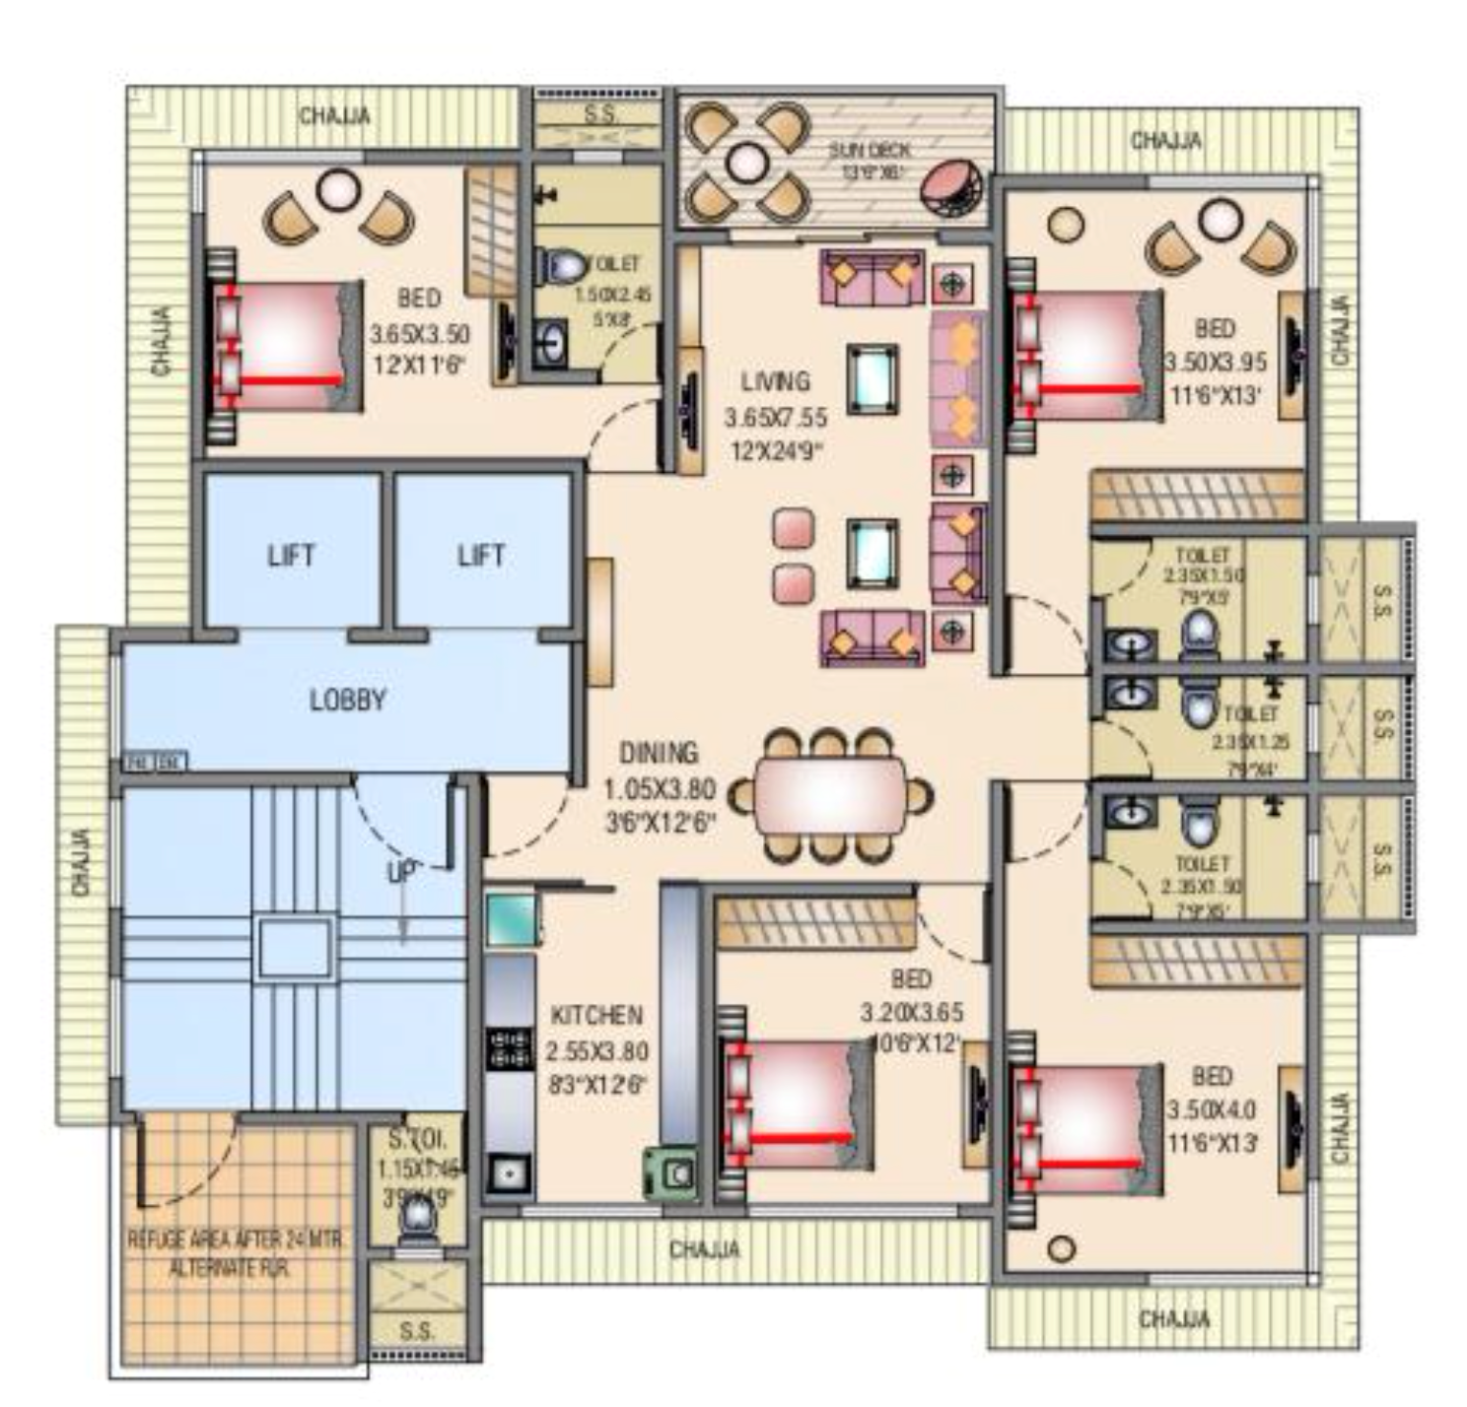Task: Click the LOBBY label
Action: pyautogui.click(x=347, y=700)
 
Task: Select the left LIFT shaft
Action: pyautogui.click(x=291, y=554)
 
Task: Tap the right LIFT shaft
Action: pyautogui.click(x=481, y=554)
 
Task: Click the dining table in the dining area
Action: pyautogui.click(x=830, y=794)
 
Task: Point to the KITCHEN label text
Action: pyautogui.click(x=595, y=1015)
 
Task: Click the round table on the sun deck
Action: pyautogui.click(x=747, y=162)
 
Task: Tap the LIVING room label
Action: pyautogui.click(x=775, y=381)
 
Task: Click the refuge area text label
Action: pyautogui.click(x=237, y=1253)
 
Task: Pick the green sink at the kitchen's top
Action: pyautogui.click(x=512, y=919)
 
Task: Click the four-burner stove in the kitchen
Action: pyautogui.click(x=510, y=1049)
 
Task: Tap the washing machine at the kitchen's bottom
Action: pyautogui.click(x=673, y=1173)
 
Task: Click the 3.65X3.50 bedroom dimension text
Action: pyautogui.click(x=419, y=335)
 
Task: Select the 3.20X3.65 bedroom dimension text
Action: pyautogui.click(x=911, y=1012)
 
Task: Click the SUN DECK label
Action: pyautogui.click(x=869, y=150)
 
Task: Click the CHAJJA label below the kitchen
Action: pyautogui.click(x=704, y=1250)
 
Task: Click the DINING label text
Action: pyautogui.click(x=658, y=753)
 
